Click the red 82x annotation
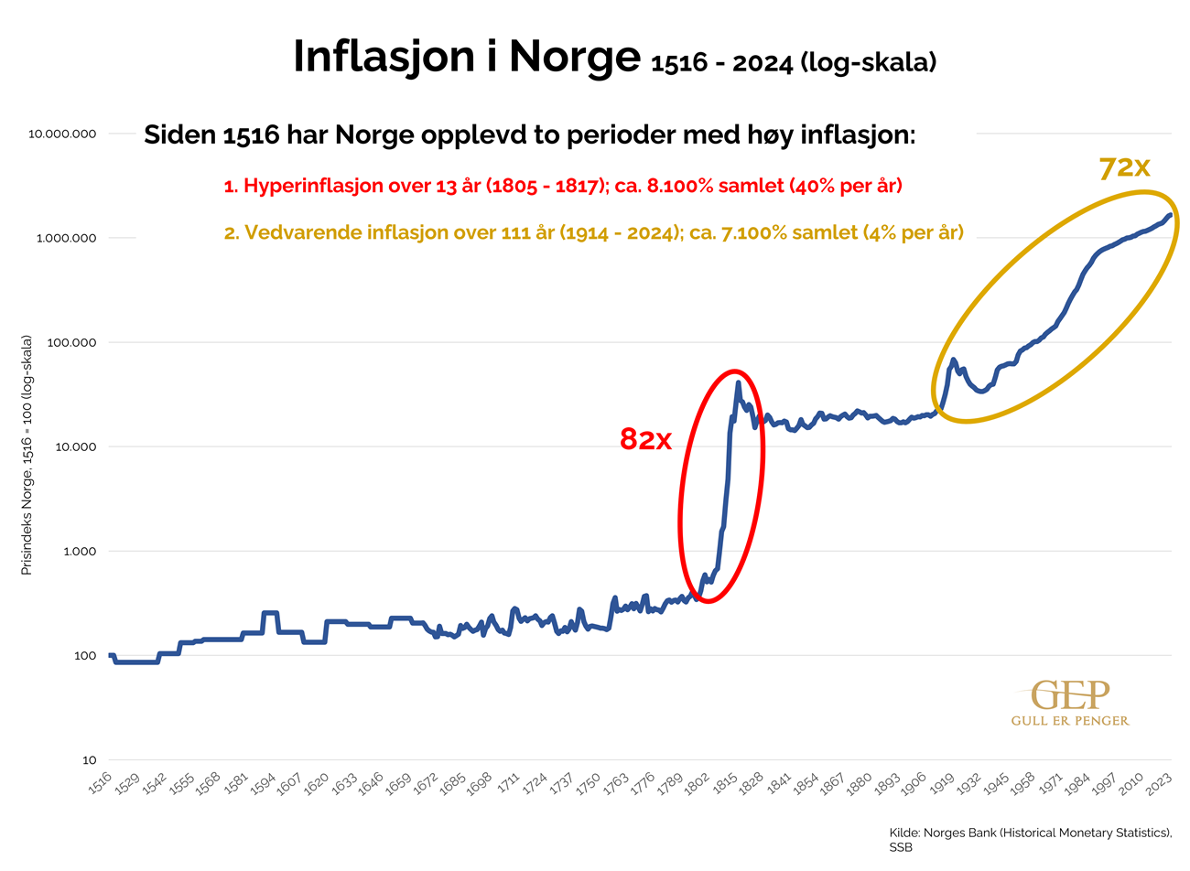click(x=645, y=440)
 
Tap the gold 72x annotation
click(x=1123, y=167)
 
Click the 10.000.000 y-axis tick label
click(x=62, y=134)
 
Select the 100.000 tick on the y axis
click(x=69, y=342)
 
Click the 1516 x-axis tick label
click(x=101, y=782)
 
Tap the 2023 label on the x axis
click(x=1160, y=783)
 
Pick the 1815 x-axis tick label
click(x=725, y=783)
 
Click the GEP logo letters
click(x=1069, y=695)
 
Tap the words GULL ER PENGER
click(x=1069, y=721)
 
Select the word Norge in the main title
click(x=575, y=57)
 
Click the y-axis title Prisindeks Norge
click(x=27, y=455)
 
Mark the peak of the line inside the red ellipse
click(x=738, y=382)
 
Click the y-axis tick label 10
click(x=89, y=760)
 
